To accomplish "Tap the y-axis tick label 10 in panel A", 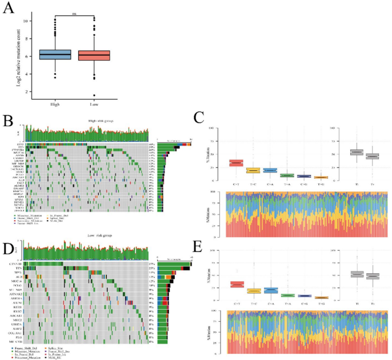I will click(25, 21).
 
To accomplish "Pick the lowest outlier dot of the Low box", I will click(94, 95).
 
